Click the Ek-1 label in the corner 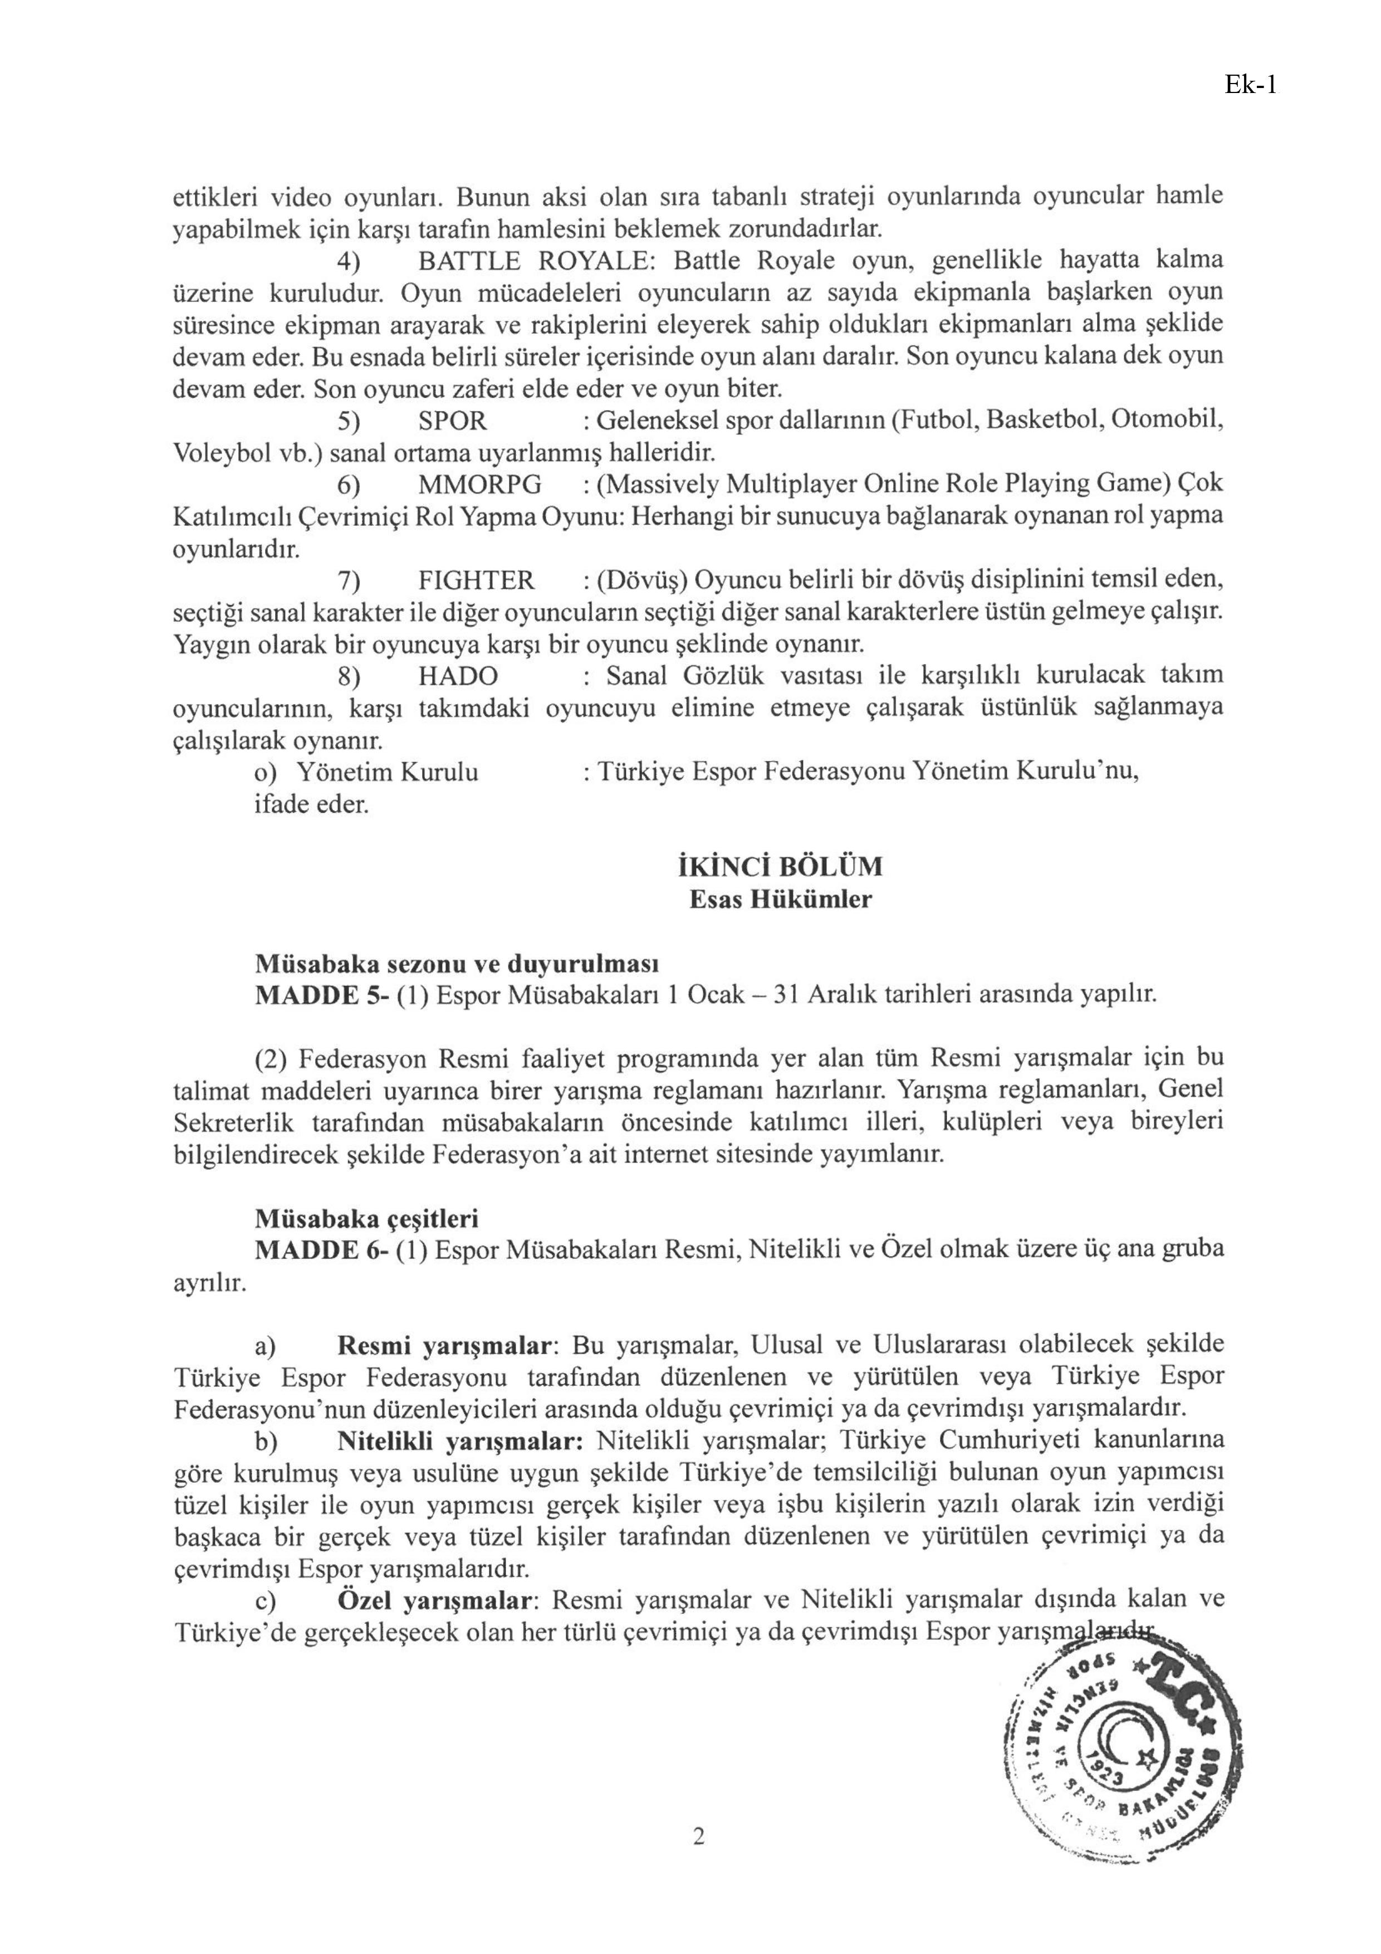tap(1250, 85)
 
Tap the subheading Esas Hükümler tap(780, 900)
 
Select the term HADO tap(458, 676)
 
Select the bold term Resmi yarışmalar tap(445, 1346)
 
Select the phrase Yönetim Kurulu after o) tap(386, 772)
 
